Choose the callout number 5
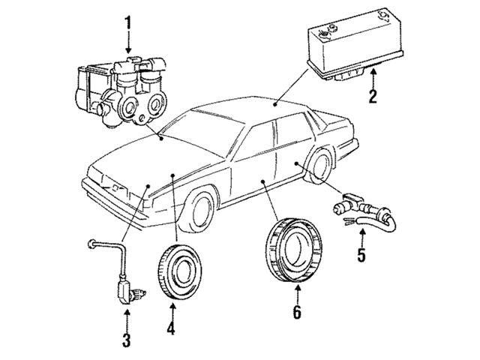pos(361,255)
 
